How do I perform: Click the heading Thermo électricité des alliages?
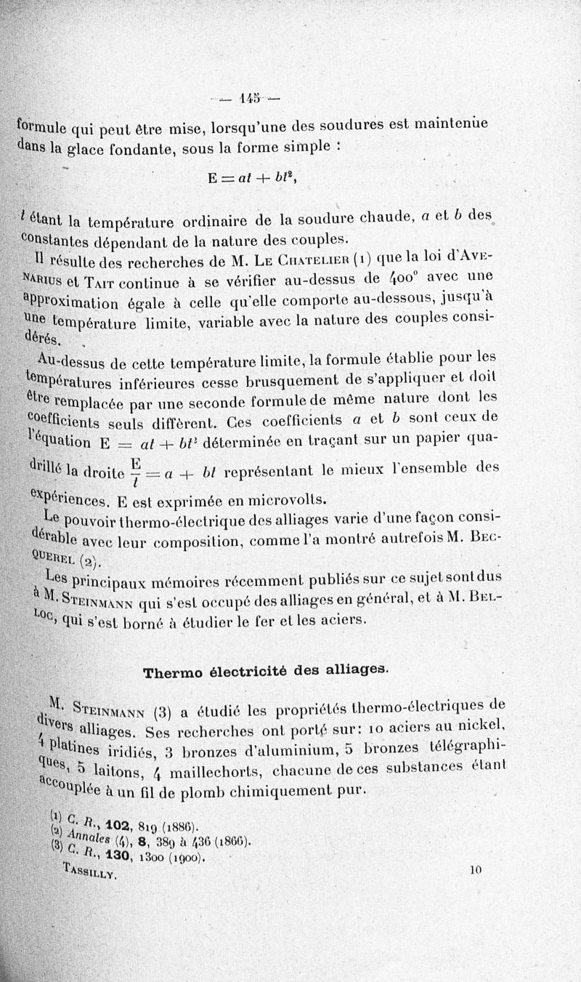[x=267, y=672]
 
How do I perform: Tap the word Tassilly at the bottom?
[x=92, y=872]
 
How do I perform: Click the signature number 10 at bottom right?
[x=476, y=868]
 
